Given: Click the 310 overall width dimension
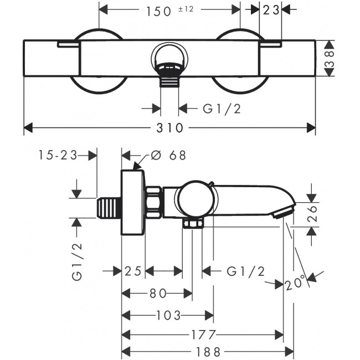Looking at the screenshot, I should [169, 128].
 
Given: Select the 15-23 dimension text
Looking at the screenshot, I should [58, 156].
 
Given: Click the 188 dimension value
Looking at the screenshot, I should [208, 352].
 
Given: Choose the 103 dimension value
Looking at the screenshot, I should [168, 316].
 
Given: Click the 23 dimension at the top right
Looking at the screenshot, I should [270, 11].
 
